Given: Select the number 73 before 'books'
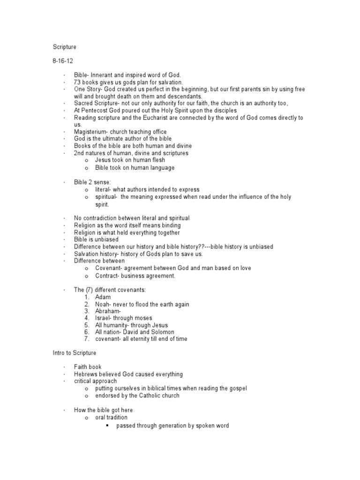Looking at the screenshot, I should pyautogui.click(x=77, y=82).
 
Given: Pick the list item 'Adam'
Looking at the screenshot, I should pyautogui.click(x=103, y=297).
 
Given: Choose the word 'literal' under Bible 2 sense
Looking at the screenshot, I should pyautogui.click(x=103, y=189).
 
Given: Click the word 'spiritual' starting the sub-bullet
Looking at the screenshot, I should pyautogui.click(x=106, y=197).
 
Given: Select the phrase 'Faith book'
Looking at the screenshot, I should pyautogui.click(x=88, y=367).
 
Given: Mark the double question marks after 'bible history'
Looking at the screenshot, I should pyautogui.click(x=202, y=247).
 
